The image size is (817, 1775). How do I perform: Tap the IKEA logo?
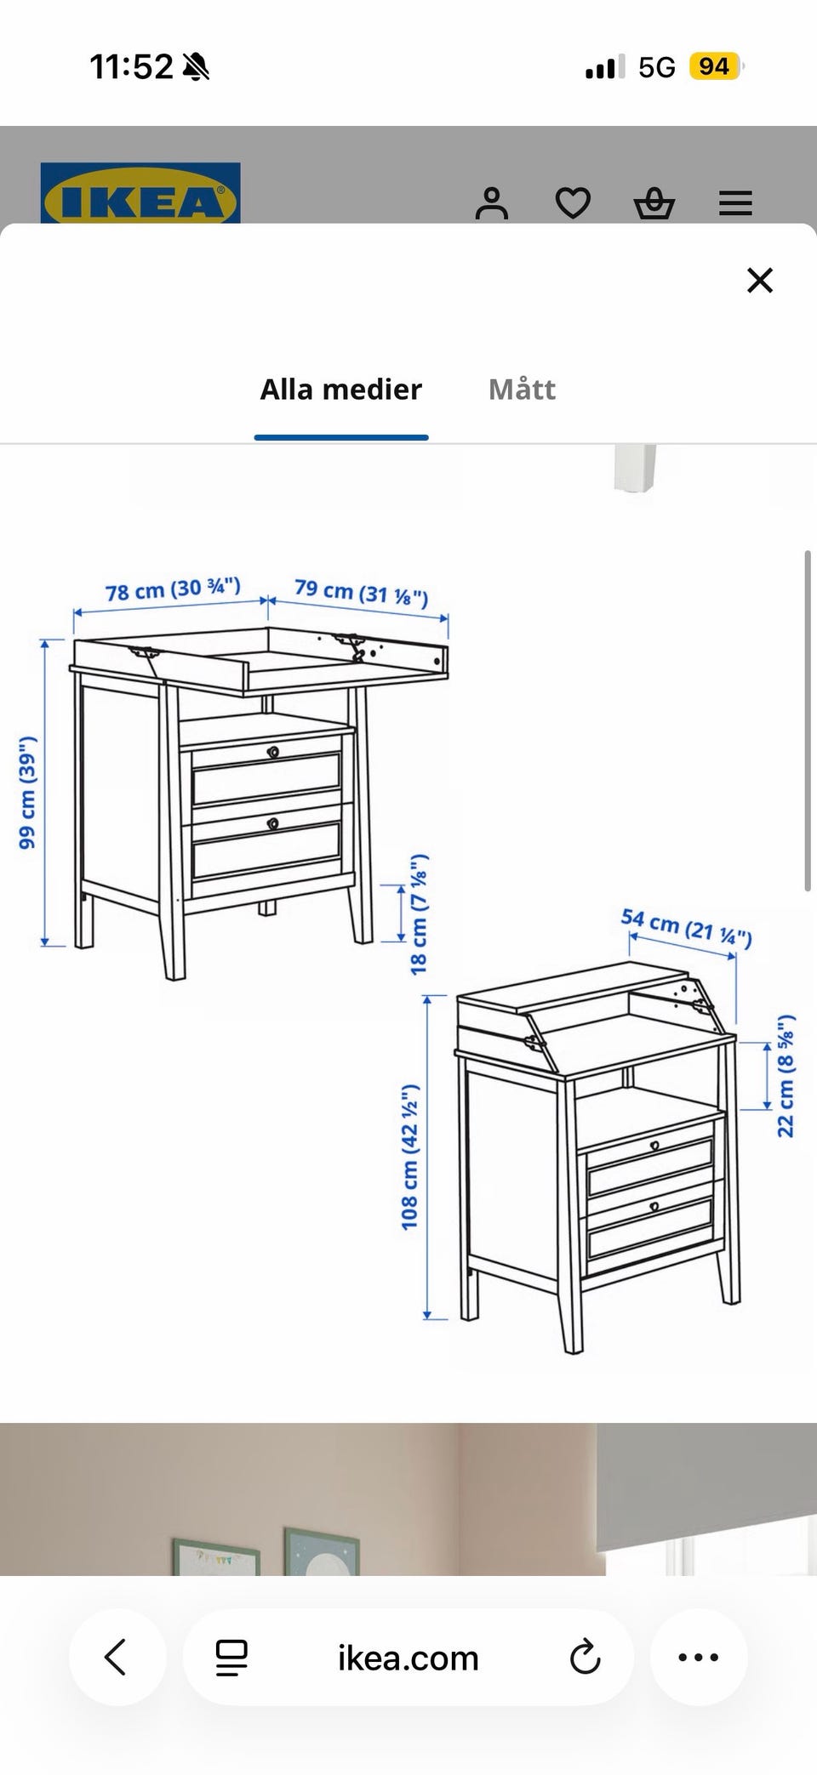pyautogui.click(x=140, y=194)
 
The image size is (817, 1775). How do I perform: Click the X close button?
pyautogui.click(x=759, y=280)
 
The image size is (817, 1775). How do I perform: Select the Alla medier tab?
pyautogui.click(x=341, y=390)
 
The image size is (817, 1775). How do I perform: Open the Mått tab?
pyautogui.click(x=522, y=390)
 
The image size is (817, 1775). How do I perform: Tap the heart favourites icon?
pyautogui.click(x=573, y=203)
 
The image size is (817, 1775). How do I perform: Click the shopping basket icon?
pyautogui.click(x=654, y=203)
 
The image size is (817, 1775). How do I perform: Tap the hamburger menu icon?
pyautogui.click(x=735, y=203)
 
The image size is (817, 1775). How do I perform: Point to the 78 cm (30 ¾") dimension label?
pyautogui.click(x=173, y=589)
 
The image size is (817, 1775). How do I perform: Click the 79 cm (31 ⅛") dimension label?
pyautogui.click(x=362, y=591)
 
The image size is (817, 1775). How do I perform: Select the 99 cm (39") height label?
pyautogui.click(x=27, y=792)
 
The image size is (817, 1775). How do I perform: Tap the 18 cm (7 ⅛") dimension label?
pyautogui.click(x=420, y=914)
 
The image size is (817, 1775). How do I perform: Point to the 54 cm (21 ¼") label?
pyautogui.click(x=687, y=927)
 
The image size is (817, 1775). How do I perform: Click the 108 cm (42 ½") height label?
pyautogui.click(x=410, y=1157)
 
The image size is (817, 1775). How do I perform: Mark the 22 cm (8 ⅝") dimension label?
pyautogui.click(x=786, y=1075)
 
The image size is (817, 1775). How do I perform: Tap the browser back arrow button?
pyautogui.click(x=117, y=1657)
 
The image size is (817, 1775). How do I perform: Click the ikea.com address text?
pyautogui.click(x=408, y=1658)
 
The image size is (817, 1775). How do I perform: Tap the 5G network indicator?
pyautogui.click(x=657, y=67)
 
